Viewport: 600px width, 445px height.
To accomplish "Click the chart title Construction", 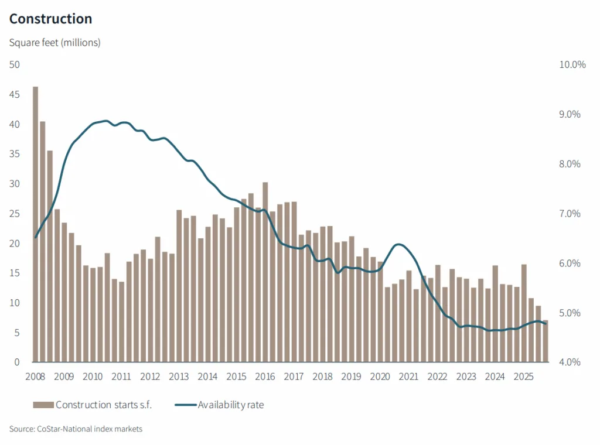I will [51, 19].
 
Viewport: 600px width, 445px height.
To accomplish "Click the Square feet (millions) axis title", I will [55, 43].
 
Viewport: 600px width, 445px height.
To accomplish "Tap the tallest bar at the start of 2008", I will [35, 224].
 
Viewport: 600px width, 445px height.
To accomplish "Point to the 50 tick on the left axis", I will [15, 65].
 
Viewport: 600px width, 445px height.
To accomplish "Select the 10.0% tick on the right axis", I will [572, 65].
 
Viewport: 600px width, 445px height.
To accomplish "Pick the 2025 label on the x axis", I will [523, 376].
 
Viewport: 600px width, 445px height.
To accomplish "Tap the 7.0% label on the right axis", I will [569, 214].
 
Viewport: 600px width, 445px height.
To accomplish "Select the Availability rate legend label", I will [231, 405].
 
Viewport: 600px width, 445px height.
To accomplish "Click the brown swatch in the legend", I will [43, 405].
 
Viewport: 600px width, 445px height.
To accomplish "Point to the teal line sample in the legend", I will [185, 405].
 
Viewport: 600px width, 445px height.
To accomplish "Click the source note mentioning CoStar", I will [76, 429].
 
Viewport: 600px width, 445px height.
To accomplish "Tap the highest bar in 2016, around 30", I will [265, 272].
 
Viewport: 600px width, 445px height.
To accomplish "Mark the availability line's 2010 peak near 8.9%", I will [105, 121].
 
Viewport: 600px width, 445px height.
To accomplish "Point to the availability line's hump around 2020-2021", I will [399, 244].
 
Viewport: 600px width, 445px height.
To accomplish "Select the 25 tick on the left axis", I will [15, 214].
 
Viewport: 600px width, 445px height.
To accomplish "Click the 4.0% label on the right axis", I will [569, 362].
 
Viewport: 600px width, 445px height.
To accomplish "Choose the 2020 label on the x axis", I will [380, 376].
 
